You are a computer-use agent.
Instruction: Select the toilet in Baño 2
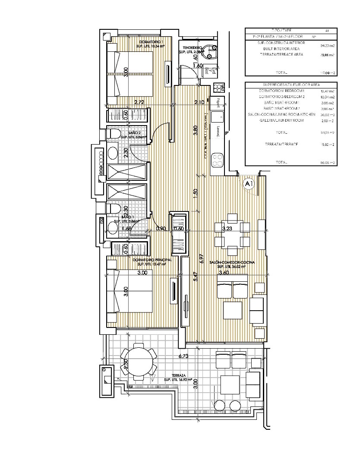point(114,134)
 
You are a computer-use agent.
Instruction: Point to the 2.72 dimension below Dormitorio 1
point(139,102)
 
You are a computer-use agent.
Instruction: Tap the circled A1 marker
point(249,184)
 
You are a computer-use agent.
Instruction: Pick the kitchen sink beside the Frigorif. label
point(218,116)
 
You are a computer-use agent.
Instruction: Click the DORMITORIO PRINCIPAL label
point(152,260)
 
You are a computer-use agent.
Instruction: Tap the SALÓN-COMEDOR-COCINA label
point(232,262)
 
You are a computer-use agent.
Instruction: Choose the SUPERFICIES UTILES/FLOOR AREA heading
point(291,85)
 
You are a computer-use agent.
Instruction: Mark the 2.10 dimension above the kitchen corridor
point(199,102)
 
